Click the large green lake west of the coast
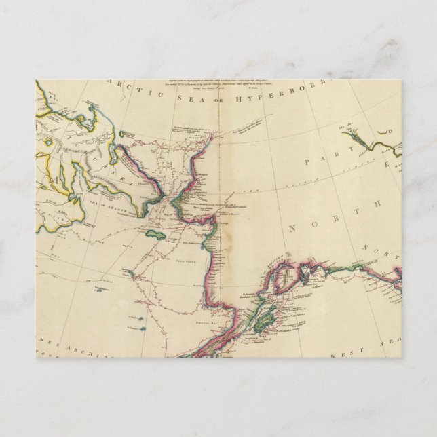pos(156,235)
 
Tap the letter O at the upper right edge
pos(389,133)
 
